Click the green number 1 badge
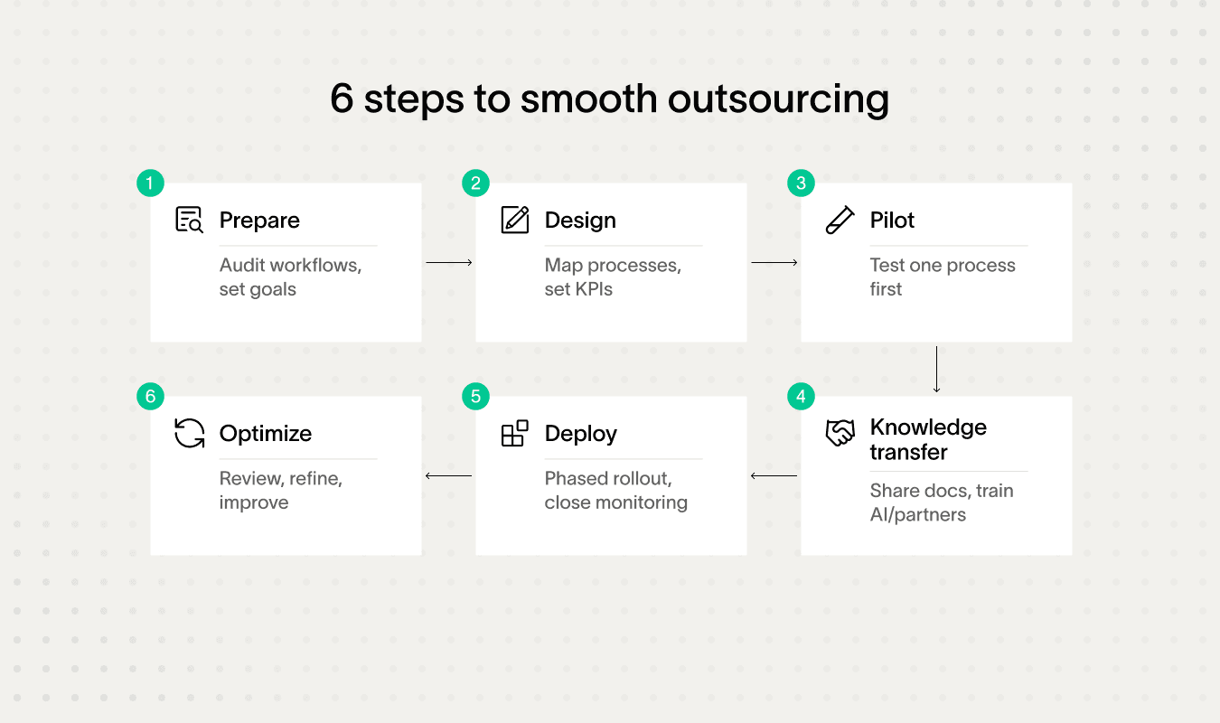(x=150, y=183)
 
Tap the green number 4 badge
(x=801, y=396)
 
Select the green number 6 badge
(x=150, y=396)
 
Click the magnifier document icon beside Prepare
(x=189, y=220)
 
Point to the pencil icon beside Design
(x=514, y=220)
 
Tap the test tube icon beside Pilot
(x=840, y=220)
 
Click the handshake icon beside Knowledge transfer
(x=840, y=433)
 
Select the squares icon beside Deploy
(x=514, y=433)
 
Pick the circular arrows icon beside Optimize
(x=189, y=433)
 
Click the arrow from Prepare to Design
(x=449, y=262)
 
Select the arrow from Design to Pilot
(x=774, y=262)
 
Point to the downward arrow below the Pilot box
(x=936, y=369)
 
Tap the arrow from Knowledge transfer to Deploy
(x=774, y=475)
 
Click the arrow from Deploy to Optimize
(x=448, y=475)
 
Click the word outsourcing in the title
(x=778, y=99)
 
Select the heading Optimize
(x=266, y=434)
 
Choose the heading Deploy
(x=581, y=434)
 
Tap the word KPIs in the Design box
(x=591, y=289)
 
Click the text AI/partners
(x=918, y=514)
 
